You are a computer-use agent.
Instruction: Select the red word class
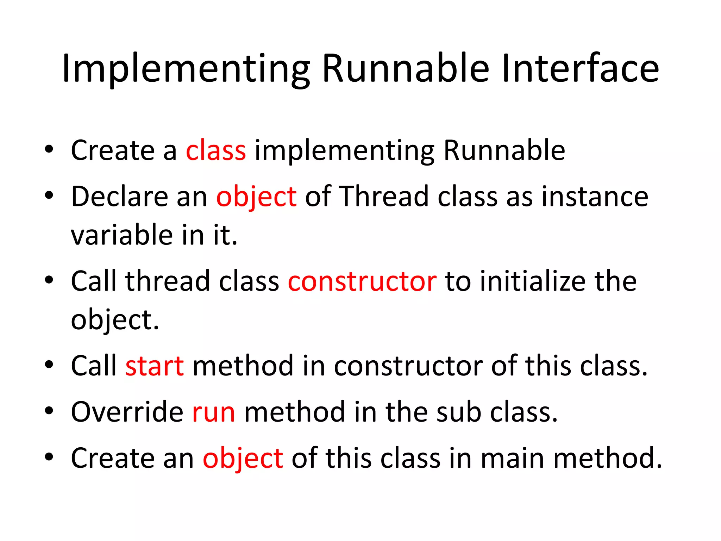[x=215, y=150]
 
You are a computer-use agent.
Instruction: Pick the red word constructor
[x=362, y=281]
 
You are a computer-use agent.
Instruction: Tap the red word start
[x=155, y=366]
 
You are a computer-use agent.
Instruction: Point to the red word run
[x=213, y=412]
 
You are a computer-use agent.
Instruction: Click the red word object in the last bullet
[x=243, y=459]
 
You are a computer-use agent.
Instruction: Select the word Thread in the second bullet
[x=383, y=196]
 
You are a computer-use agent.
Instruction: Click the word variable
[x=121, y=235]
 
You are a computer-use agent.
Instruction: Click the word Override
[x=127, y=412]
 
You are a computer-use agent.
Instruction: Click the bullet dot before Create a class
[x=49, y=149]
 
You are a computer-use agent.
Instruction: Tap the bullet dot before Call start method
[x=49, y=365]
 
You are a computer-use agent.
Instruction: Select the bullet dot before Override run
[x=49, y=411]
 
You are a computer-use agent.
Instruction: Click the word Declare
[x=119, y=197]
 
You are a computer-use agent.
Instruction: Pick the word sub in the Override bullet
[x=458, y=412]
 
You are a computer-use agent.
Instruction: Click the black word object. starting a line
[x=114, y=321]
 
